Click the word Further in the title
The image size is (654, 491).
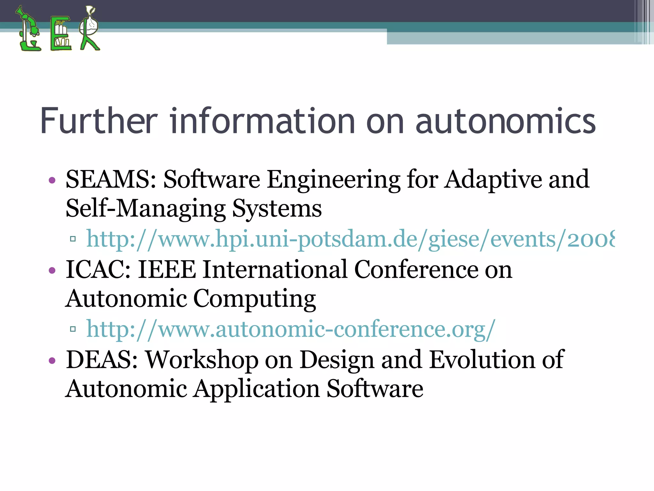pos(99,121)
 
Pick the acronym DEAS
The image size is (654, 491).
pos(102,360)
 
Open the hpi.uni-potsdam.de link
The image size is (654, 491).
pos(350,239)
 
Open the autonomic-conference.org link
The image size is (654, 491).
pos(291,329)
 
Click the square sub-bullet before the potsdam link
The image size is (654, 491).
pos(73,239)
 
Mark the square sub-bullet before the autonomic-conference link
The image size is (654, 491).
pos(73,329)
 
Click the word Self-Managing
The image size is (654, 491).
pos(145,209)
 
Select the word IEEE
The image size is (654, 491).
pos(166,270)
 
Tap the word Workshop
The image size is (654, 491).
pos(202,360)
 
